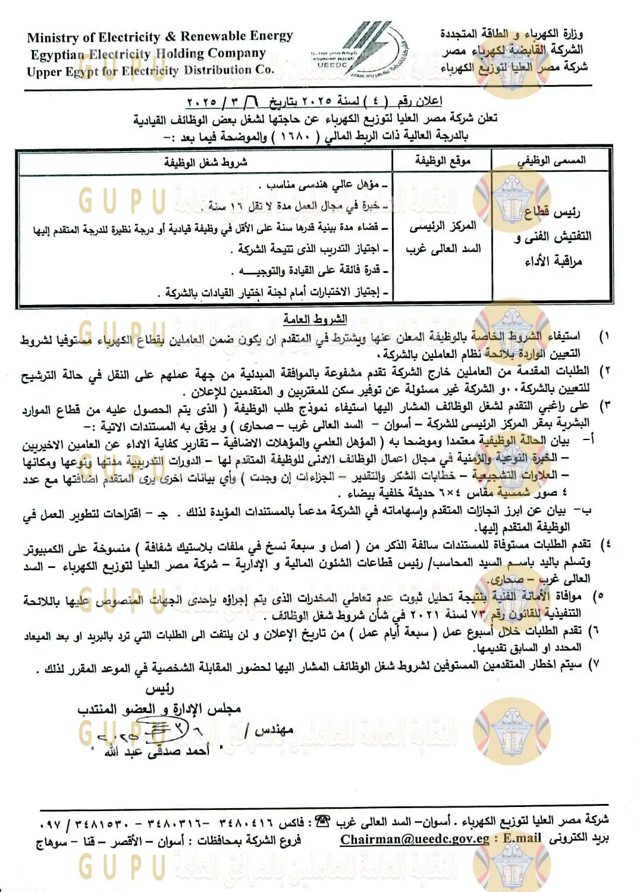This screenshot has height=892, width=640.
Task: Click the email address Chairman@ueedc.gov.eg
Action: coord(415,839)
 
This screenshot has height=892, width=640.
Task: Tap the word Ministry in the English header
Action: coord(52,37)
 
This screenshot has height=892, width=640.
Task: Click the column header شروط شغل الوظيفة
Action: coord(205,162)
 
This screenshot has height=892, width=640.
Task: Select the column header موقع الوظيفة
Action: coord(443,161)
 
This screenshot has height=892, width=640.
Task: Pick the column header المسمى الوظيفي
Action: coord(551,161)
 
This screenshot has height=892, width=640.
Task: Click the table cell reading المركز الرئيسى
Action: coord(443,226)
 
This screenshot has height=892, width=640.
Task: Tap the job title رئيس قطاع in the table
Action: coord(552,212)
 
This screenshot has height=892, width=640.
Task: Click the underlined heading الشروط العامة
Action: coord(315,319)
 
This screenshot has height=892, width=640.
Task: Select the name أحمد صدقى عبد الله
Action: coord(157,752)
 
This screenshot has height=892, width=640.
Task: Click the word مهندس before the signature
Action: coord(274,730)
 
